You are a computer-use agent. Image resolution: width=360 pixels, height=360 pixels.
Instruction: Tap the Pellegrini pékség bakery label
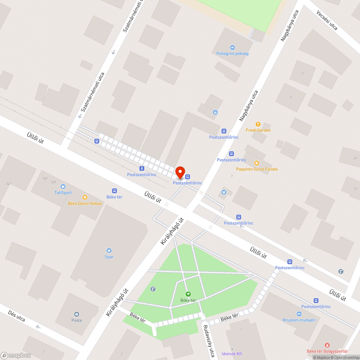point(232,54)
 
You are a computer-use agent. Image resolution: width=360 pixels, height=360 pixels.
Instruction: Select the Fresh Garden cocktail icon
point(258,124)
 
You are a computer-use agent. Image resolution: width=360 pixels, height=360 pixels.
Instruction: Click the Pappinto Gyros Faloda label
point(257,169)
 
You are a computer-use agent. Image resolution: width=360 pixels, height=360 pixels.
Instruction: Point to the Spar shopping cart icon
point(109,251)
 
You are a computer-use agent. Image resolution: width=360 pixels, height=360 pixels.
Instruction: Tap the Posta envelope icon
point(76,314)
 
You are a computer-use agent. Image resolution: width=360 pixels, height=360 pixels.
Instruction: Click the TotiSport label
point(63,193)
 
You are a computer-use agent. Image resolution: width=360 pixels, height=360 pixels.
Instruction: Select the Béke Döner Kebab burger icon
point(85,197)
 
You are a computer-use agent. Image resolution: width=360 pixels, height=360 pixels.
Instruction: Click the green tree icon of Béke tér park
point(188,294)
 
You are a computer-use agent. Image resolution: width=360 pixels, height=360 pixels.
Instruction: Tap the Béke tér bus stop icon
point(114,191)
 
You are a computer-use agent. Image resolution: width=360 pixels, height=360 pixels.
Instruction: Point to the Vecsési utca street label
point(327,20)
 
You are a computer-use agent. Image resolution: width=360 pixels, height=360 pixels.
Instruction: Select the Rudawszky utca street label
point(209,341)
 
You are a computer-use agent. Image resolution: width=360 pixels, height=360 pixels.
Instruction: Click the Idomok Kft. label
point(232,354)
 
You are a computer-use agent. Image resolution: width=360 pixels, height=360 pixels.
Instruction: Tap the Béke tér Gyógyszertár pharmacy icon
point(327,345)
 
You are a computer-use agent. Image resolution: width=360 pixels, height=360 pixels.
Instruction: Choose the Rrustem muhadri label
point(299,320)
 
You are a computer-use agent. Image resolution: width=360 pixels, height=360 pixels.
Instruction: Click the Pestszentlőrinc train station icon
point(142,168)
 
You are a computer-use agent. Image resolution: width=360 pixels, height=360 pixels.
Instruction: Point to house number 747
point(8,184)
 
